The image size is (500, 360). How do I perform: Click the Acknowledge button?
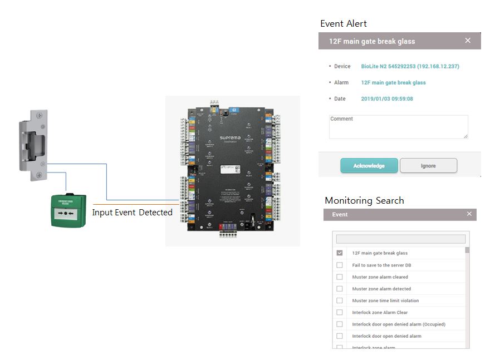tap(369, 166)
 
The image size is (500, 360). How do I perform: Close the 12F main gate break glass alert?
tap(468, 41)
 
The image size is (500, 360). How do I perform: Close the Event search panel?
tap(469, 214)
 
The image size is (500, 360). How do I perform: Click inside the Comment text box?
tap(398, 127)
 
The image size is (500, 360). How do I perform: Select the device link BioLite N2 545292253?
tap(410, 66)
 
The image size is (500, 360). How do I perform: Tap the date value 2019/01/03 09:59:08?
tap(387, 98)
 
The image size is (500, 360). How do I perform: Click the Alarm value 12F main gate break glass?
tap(393, 82)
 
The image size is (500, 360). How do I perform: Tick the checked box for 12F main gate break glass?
tap(340, 253)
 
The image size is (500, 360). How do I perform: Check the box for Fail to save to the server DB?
tap(340, 265)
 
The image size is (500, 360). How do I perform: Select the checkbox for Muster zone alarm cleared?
tap(340, 277)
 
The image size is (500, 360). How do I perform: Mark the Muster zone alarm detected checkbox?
tap(340, 289)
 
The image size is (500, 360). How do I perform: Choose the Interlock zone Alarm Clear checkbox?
tap(340, 312)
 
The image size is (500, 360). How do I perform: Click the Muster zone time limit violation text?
tap(385, 300)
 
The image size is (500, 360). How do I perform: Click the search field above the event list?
tap(400, 239)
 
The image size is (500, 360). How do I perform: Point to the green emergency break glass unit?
tap(68, 211)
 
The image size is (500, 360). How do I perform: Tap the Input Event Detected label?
tap(132, 213)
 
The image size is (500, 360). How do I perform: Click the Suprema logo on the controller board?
tap(232, 137)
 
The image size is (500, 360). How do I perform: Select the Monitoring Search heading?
tap(364, 200)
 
